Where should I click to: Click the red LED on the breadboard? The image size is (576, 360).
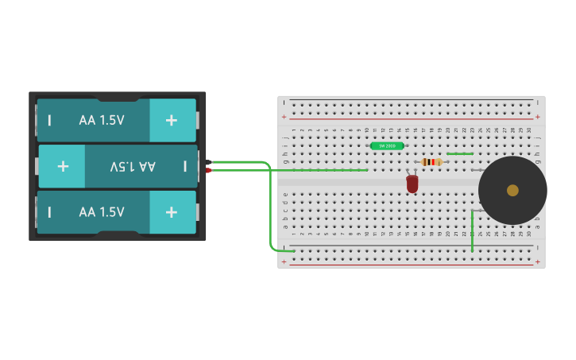click(x=412, y=184)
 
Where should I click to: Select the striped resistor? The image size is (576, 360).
click(x=431, y=162)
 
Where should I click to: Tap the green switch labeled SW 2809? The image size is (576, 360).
click(x=387, y=146)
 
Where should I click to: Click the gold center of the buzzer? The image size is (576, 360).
click(x=512, y=190)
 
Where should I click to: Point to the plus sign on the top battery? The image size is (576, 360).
click(x=172, y=120)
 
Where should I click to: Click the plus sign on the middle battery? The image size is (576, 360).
click(x=63, y=166)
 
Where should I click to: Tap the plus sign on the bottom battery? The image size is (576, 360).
click(x=172, y=212)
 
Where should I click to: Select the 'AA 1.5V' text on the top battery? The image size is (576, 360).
click(x=102, y=120)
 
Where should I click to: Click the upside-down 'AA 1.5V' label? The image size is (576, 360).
click(x=133, y=166)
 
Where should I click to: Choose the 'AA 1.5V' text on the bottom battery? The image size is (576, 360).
click(x=102, y=212)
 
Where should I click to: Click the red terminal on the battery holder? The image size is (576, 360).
click(x=209, y=170)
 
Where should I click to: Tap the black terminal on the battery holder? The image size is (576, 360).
click(x=209, y=162)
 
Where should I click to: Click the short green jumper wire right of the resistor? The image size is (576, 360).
click(x=460, y=154)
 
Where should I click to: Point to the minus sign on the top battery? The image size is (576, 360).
click(x=49, y=120)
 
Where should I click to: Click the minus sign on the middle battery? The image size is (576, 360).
click(x=185, y=166)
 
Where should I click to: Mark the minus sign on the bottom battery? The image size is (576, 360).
click(x=49, y=212)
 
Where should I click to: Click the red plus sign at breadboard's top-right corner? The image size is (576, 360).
click(x=538, y=117)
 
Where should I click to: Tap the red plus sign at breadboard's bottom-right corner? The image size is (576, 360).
click(x=538, y=261)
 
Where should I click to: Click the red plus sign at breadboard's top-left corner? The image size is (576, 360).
click(x=284, y=117)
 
